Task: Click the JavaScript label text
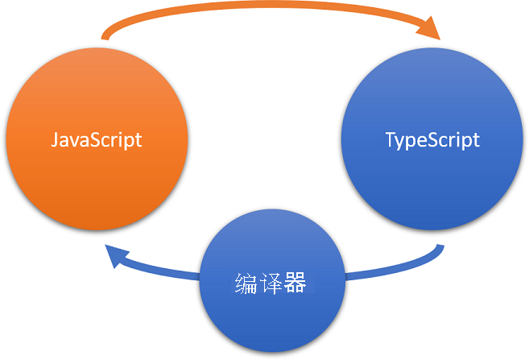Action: [x=97, y=139]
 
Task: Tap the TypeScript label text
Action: [x=432, y=139]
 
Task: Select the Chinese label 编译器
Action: [x=271, y=283]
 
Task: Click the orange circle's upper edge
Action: [x=97, y=50]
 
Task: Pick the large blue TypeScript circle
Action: [x=432, y=185]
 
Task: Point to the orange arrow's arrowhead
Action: [x=430, y=31]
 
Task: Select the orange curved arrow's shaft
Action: [x=266, y=10]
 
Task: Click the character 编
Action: [x=246, y=283]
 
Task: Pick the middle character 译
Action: [x=271, y=283]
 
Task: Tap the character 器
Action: [x=295, y=283]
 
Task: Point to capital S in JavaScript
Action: [x=94, y=139]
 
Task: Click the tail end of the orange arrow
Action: [x=105, y=37]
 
